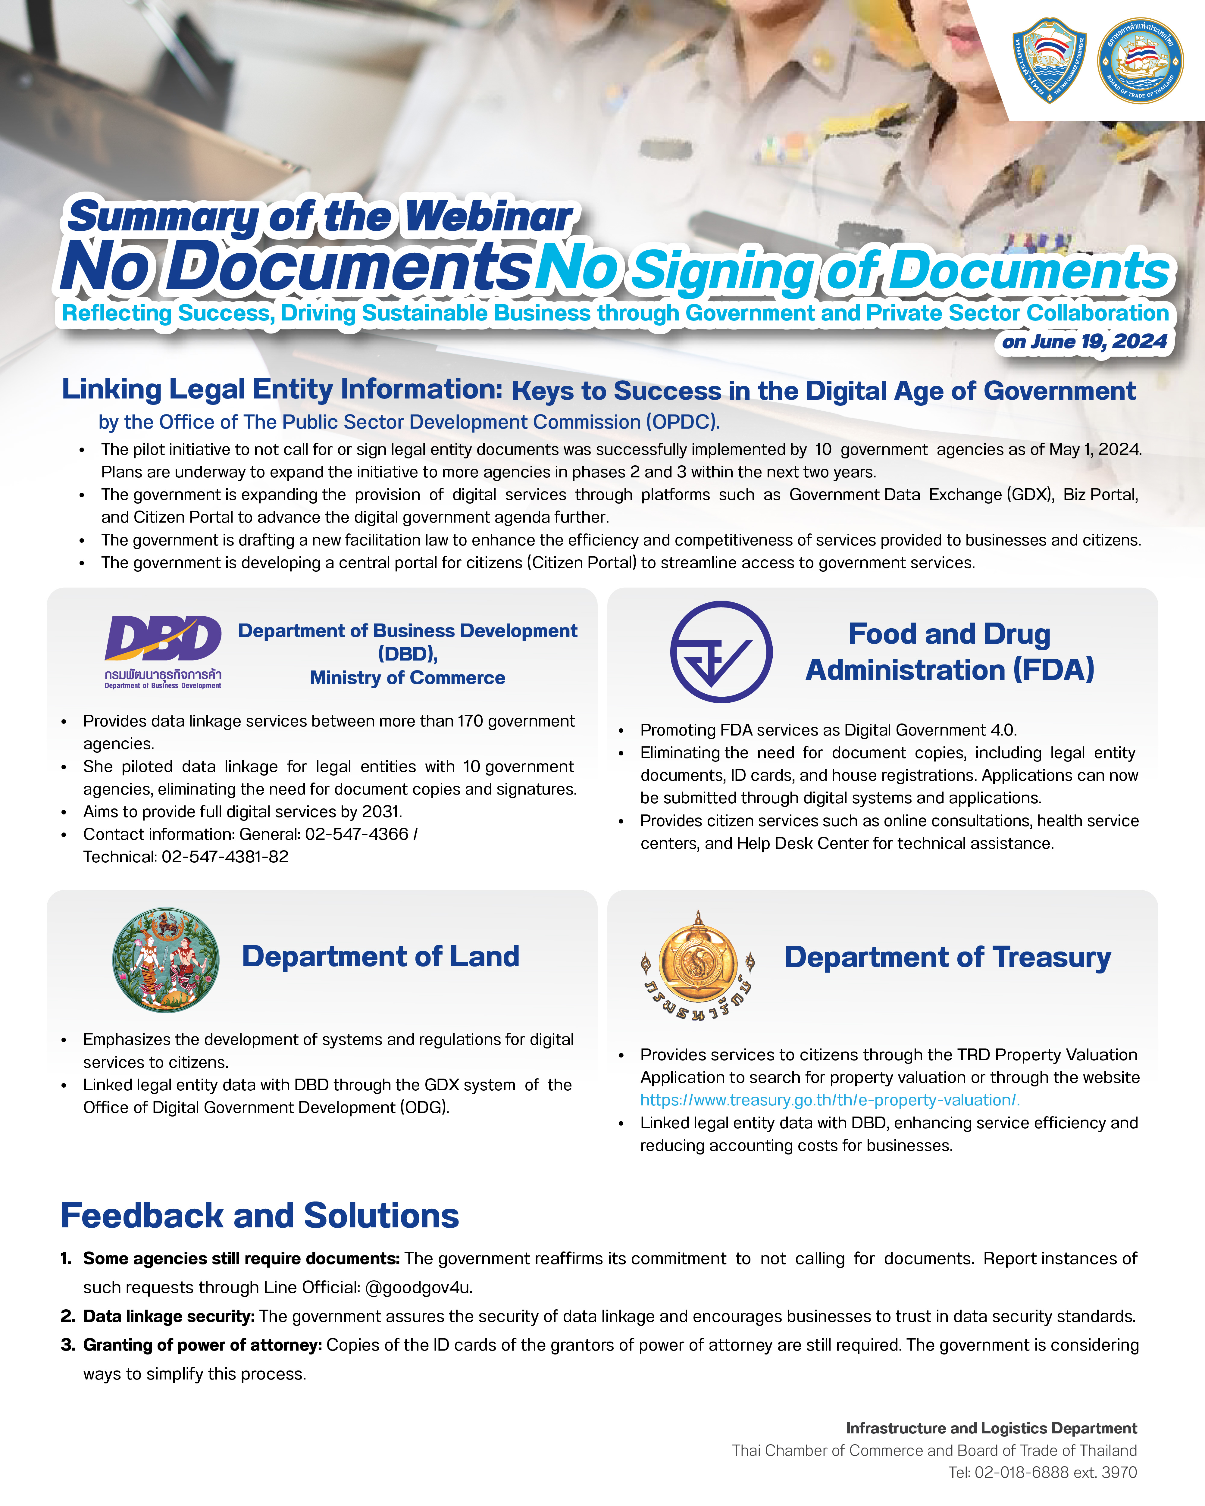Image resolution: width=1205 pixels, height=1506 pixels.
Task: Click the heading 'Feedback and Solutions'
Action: pos(260,1216)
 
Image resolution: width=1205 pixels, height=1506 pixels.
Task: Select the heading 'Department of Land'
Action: pos(381,956)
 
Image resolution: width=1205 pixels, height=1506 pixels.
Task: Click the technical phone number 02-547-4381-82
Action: pos(225,857)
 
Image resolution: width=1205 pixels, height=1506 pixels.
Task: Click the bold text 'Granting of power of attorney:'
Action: pos(202,1345)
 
